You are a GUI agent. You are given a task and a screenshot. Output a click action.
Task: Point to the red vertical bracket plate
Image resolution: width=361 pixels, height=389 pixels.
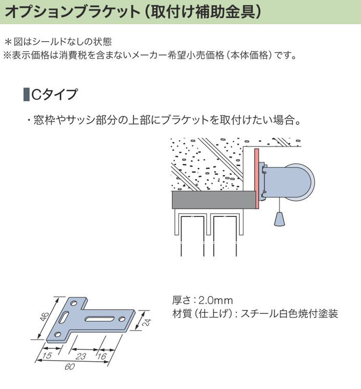(256, 178)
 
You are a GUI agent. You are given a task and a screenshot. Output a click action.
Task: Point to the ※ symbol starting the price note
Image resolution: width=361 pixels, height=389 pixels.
(7, 55)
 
